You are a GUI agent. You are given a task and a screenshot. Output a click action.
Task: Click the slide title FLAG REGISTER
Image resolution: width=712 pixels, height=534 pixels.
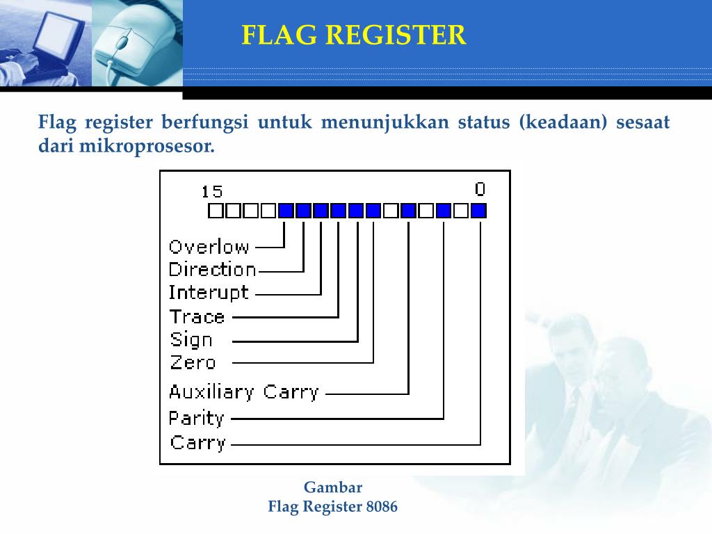[x=354, y=35]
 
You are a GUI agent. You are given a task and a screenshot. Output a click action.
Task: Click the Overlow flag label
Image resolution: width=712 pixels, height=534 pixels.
[x=209, y=246]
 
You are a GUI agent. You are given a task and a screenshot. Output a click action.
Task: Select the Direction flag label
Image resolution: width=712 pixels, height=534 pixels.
[x=212, y=270]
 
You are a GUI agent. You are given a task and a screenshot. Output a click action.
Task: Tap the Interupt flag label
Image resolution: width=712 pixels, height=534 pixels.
[x=208, y=293]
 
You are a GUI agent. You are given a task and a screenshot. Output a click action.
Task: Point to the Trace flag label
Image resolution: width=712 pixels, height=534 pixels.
[x=197, y=317]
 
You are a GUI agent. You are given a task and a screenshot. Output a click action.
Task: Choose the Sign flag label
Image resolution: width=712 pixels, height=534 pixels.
[x=191, y=340]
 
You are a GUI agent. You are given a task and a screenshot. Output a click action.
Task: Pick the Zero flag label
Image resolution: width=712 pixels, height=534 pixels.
[x=193, y=362]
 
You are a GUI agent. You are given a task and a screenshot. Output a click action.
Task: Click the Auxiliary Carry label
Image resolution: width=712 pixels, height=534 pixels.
[x=243, y=392]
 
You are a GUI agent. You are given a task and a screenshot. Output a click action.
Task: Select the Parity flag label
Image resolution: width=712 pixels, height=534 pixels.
[x=197, y=419]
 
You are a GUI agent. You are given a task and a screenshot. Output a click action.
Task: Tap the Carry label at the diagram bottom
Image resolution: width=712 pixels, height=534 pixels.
[x=198, y=443]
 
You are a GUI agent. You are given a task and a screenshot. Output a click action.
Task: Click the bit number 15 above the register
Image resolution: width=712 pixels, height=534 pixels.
[x=212, y=191]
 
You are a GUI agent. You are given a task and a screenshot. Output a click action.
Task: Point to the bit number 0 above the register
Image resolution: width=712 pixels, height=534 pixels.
[x=480, y=189]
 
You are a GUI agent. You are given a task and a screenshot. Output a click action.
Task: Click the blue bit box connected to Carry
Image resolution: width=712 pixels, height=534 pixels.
[x=478, y=211]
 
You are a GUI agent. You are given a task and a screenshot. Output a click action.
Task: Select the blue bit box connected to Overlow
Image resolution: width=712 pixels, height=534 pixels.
[x=286, y=211]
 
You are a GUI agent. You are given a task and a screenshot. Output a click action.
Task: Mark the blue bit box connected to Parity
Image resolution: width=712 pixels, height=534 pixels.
[x=444, y=211]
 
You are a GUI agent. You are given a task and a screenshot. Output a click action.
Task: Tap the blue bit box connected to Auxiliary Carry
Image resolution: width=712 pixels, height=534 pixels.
[x=409, y=211]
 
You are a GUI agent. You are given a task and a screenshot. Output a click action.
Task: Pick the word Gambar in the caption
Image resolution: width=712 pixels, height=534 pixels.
[x=333, y=487]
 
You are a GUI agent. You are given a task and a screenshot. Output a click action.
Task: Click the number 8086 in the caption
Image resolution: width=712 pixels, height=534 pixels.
[x=382, y=507]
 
